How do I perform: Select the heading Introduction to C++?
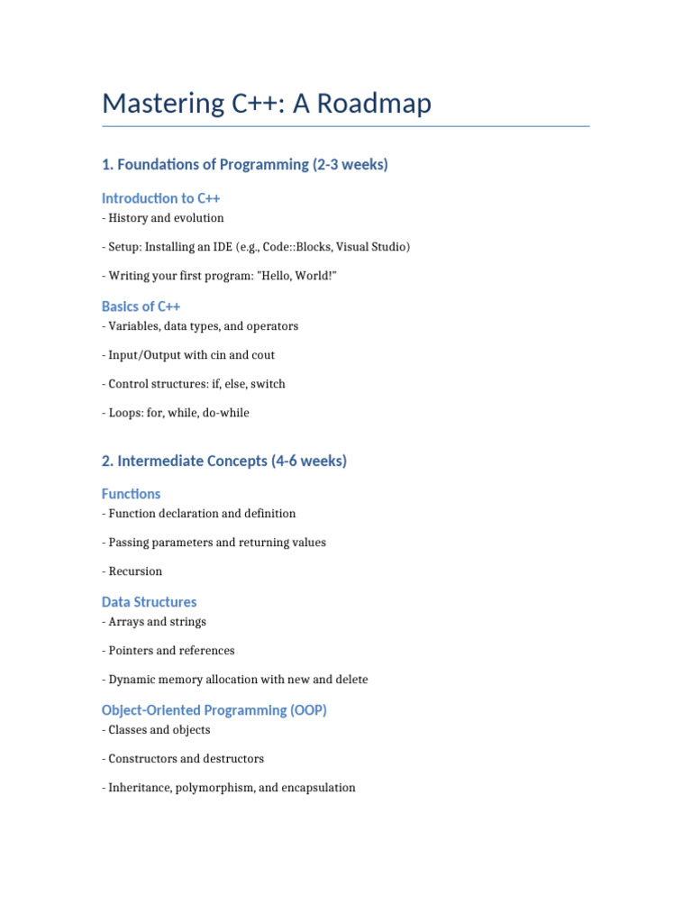coord(161,198)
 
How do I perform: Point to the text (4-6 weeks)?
coord(309,461)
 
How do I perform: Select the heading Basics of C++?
coord(141,306)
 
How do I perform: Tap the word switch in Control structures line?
coord(268,384)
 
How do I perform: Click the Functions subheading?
coord(132,494)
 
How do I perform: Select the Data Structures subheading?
coord(149,602)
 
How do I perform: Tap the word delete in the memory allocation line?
coord(349,680)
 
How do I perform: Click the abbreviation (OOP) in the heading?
coord(308,710)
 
